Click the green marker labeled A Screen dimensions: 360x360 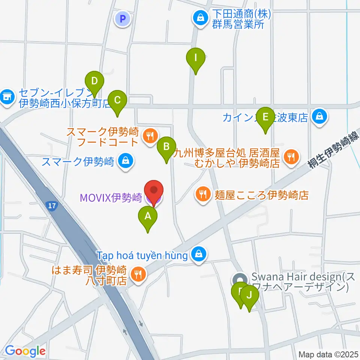pyautogui.click(x=148, y=217)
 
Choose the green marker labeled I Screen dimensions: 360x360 pyautogui.click(x=196, y=59)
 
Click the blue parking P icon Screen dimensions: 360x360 pyautogui.click(x=123, y=18)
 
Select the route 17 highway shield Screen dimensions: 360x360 pyautogui.click(x=52, y=205)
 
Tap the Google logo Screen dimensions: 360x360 pyautogui.click(x=25, y=351)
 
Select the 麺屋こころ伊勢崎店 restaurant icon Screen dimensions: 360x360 pyautogui.click(x=203, y=194)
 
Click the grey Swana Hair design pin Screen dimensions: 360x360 pyautogui.click(x=239, y=280)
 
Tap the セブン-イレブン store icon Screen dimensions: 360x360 pyautogui.click(x=6, y=96)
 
